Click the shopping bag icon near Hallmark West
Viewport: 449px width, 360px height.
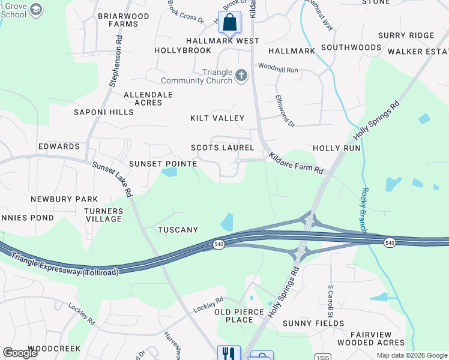(229, 23)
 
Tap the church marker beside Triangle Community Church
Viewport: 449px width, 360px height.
(241, 76)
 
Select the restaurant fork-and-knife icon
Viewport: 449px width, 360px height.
(229, 354)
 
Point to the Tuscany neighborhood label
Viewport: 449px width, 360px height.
(178, 230)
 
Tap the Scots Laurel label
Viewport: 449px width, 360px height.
(223, 148)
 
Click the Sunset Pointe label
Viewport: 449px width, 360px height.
(163, 164)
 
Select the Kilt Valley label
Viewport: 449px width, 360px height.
(217, 119)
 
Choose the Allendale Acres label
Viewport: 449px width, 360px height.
(148, 99)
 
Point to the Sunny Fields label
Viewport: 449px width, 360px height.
(314, 323)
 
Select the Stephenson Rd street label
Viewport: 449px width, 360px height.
(116, 60)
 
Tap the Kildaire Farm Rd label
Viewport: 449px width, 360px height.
(296, 163)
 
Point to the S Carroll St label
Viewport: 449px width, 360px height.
(330, 297)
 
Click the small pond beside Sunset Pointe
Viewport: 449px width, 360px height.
(169, 173)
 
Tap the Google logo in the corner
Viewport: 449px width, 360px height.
(20, 352)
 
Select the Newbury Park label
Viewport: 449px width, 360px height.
(65, 199)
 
